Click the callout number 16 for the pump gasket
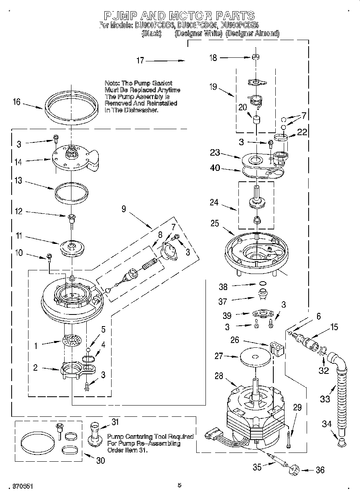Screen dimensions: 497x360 tap(16, 102)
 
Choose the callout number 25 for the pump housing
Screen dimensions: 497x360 tap(215, 223)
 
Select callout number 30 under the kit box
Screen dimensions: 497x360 tap(100, 460)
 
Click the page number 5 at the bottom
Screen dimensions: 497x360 tap(179, 485)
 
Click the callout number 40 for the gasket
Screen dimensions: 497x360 tap(215, 168)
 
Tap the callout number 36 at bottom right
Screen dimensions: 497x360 tap(320, 470)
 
